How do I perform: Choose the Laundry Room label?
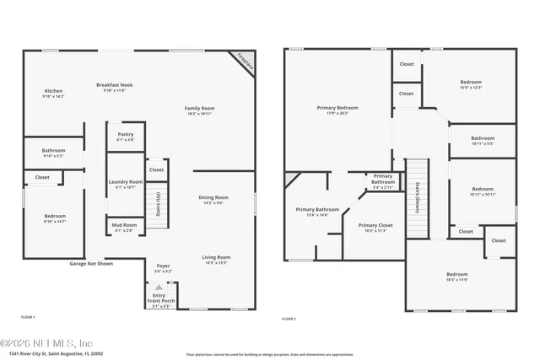point(125,184)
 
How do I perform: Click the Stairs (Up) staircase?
point(158,204)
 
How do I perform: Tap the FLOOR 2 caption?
point(289,319)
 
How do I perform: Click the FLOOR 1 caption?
point(28,317)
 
